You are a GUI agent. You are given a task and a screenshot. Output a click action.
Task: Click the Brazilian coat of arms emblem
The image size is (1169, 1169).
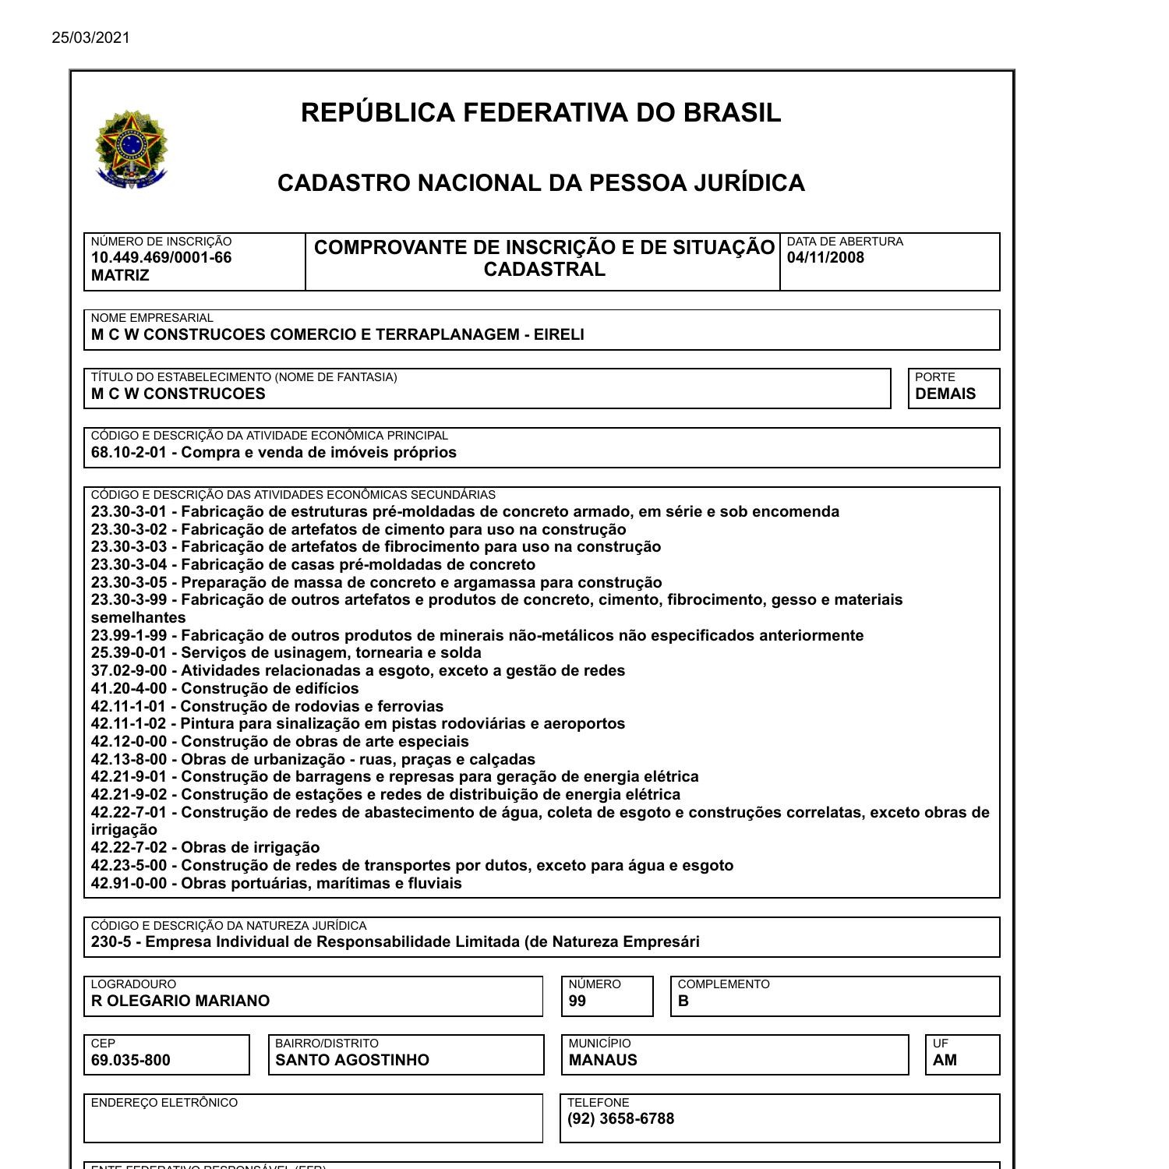point(131,149)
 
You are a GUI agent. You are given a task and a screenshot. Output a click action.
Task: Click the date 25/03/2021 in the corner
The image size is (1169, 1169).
point(91,37)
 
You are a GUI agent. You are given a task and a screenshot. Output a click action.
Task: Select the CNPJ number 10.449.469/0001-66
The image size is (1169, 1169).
point(161,258)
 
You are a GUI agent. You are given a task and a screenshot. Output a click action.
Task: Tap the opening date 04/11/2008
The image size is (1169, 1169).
point(825,258)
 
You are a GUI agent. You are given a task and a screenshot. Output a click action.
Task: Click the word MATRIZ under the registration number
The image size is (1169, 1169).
point(120,276)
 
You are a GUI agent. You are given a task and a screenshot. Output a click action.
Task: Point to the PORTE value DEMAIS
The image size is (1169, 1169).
point(945,394)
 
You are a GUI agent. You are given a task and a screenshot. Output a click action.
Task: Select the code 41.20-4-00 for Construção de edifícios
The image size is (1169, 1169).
point(129,689)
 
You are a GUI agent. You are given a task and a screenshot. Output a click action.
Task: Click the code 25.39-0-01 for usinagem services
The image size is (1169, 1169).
point(129,653)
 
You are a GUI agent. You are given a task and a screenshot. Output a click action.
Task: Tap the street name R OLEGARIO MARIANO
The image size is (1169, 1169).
point(180,1001)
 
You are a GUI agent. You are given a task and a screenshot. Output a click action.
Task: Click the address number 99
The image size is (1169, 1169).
point(577,1001)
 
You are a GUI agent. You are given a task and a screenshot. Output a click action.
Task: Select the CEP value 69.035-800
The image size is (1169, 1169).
point(130,1060)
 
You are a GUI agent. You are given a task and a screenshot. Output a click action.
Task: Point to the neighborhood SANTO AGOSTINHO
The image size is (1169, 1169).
point(352,1060)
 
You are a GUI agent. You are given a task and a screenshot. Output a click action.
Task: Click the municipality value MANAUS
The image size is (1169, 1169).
point(602,1060)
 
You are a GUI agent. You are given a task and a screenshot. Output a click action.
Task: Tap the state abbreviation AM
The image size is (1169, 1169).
point(945,1060)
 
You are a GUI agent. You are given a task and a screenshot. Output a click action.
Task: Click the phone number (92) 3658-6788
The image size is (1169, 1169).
point(620,1119)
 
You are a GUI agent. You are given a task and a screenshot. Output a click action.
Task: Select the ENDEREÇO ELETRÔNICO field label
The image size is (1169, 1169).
point(164,1103)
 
